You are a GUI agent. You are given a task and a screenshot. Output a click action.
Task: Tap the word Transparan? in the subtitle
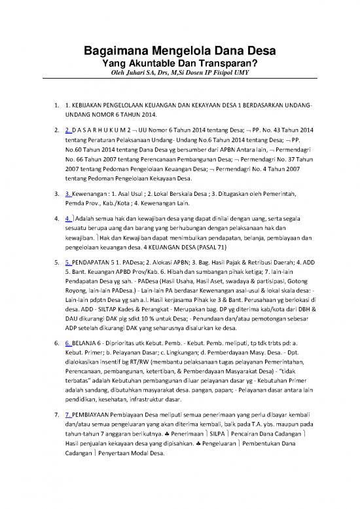point(229,64)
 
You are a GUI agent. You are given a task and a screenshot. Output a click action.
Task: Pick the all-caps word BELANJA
point(88,342)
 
